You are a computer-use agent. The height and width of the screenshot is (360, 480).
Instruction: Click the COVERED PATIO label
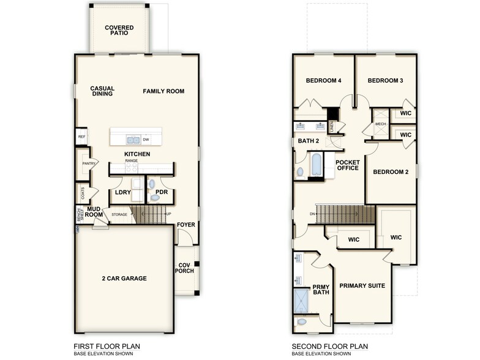pyautogui.click(x=119, y=31)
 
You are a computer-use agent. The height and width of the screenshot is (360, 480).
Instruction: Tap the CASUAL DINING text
pyautogui.click(x=102, y=91)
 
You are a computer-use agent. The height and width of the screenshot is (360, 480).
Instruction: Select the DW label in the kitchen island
pyautogui.click(x=146, y=140)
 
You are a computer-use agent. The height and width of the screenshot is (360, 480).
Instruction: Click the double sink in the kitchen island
pyautogui.click(x=133, y=140)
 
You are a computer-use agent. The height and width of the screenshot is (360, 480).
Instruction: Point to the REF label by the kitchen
pyautogui.click(x=81, y=137)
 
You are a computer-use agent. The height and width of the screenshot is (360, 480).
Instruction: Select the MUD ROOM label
pyautogui.click(x=94, y=212)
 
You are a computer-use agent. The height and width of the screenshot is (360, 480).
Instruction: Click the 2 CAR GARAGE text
pyautogui.click(x=124, y=279)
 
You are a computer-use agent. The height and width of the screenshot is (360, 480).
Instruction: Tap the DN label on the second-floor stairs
pyautogui.click(x=312, y=214)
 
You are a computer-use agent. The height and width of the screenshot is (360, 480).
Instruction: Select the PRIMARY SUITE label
pyautogui.click(x=362, y=285)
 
